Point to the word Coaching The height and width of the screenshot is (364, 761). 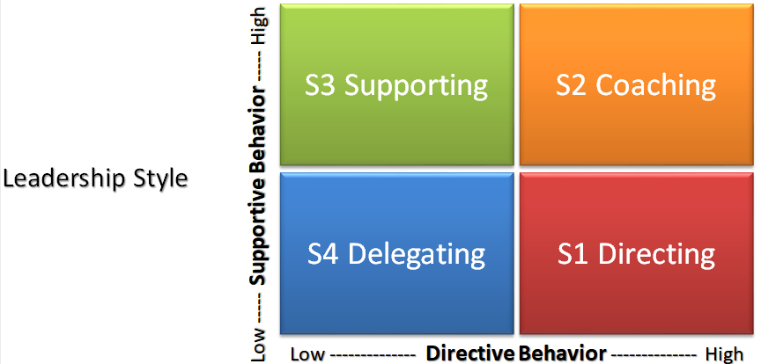(656, 85)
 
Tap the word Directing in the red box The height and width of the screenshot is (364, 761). (657, 254)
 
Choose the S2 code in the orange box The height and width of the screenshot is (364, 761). (573, 85)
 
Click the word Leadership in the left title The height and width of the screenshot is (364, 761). (63, 178)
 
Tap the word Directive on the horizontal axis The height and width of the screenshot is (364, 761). (470, 353)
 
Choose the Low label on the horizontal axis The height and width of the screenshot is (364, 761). (307, 353)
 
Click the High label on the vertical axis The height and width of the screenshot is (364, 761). (259, 27)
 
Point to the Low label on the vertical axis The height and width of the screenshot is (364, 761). (259, 346)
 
